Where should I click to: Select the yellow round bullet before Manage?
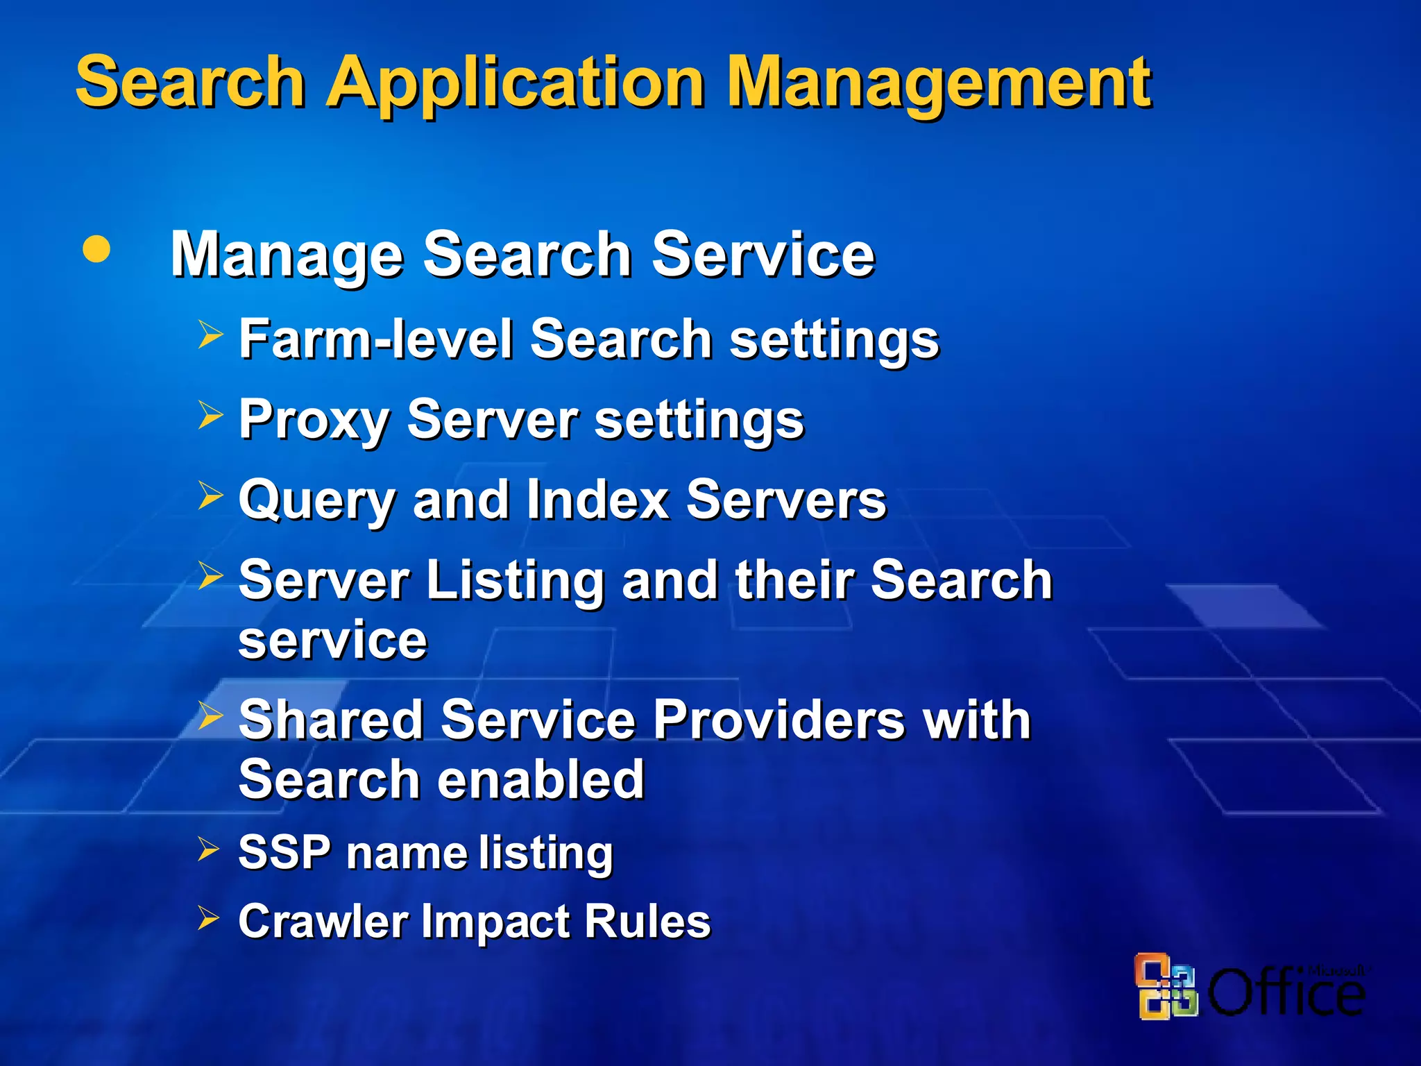pyautogui.click(x=96, y=249)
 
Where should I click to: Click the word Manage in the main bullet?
pyautogui.click(x=287, y=255)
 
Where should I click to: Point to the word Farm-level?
pyautogui.click(x=375, y=339)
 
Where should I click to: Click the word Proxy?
pyautogui.click(x=314, y=420)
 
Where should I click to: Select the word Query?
pyautogui.click(x=316, y=500)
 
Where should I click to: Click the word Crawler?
pyautogui.click(x=323, y=921)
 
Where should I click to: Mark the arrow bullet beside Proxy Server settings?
pyautogui.click(x=210, y=415)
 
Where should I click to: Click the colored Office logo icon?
pyautogui.click(x=1166, y=986)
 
